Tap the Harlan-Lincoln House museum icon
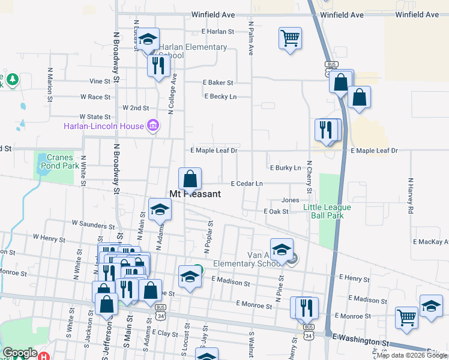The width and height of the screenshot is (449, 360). [153, 126]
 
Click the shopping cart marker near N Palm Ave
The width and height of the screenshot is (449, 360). [290, 39]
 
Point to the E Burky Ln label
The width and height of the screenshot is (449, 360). [285, 168]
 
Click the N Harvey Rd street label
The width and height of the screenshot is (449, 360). [411, 196]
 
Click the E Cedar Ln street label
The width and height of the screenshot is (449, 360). [247, 183]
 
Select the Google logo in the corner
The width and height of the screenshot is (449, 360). [20, 353]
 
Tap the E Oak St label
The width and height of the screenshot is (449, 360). [276, 211]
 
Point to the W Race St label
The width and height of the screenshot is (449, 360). [95, 97]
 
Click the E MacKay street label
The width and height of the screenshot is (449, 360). [430, 242]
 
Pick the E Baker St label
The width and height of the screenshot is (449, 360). [217, 82]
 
